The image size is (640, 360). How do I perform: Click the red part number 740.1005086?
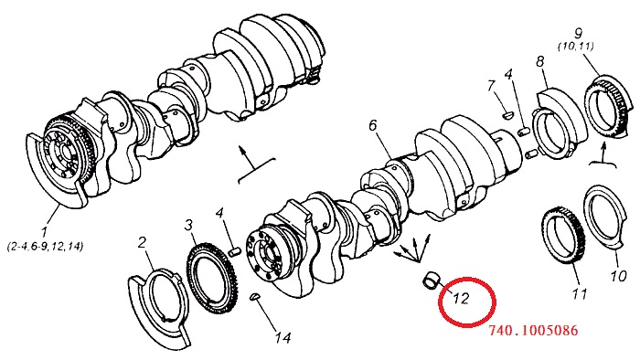click(533, 330)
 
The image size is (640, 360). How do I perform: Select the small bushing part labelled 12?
click(431, 281)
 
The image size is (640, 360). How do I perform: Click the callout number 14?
click(283, 337)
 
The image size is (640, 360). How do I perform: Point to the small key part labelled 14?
click(254, 297)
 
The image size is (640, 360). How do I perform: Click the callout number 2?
click(142, 242)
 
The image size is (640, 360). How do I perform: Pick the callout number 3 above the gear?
click(188, 225)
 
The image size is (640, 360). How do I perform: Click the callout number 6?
click(373, 125)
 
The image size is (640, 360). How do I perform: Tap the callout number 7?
click(491, 86)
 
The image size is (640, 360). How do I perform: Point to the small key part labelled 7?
click(507, 115)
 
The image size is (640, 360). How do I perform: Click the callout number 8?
click(540, 61)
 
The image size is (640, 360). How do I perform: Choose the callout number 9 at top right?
click(578, 34)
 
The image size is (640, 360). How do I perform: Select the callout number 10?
click(618, 276)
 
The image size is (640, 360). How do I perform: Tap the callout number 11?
click(580, 293)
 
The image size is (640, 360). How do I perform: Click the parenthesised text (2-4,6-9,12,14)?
click(45, 247)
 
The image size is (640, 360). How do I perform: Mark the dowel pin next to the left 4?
click(234, 253)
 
